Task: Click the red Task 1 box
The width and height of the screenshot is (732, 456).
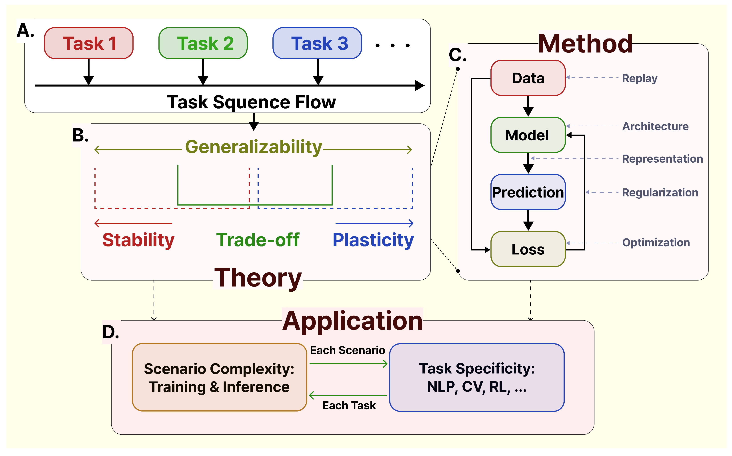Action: (x=89, y=43)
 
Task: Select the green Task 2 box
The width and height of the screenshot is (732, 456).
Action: (x=203, y=43)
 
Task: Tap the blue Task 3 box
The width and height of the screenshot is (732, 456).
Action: (x=317, y=43)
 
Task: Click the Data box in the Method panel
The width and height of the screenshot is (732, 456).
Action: (x=528, y=78)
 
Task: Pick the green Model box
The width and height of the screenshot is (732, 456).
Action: (x=528, y=135)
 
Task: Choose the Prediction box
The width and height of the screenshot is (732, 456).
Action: (x=528, y=192)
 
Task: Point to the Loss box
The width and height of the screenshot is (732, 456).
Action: (x=528, y=249)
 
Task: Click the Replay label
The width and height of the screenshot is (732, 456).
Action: (x=640, y=79)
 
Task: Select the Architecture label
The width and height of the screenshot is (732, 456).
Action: (x=656, y=126)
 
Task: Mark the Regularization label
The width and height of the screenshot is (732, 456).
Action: (x=660, y=193)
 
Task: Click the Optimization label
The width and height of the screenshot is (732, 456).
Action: (x=656, y=243)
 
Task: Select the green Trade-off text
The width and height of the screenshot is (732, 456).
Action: (x=258, y=240)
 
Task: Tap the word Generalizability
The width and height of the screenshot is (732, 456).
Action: (x=254, y=147)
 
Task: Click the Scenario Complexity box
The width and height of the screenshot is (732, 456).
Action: (x=219, y=377)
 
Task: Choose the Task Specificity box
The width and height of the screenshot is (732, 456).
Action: (x=477, y=377)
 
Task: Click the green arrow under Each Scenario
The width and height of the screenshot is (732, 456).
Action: (x=348, y=364)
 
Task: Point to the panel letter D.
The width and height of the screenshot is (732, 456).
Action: (x=110, y=332)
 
